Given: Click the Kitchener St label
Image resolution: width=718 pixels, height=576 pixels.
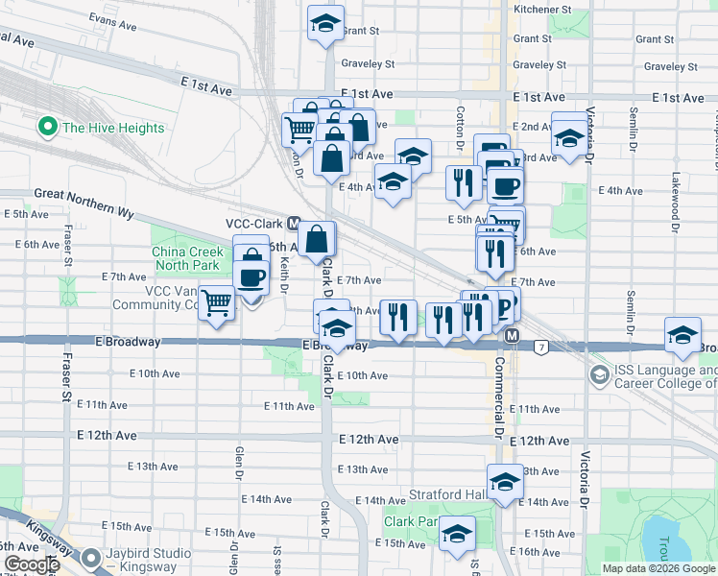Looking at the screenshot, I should coord(542,9).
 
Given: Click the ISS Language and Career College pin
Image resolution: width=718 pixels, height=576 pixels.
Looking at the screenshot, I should coord(600,373).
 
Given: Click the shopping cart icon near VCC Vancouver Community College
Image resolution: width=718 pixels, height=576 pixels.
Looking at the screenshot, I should coord(218,303).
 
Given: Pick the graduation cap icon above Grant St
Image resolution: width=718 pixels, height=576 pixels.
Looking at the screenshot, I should coord(325,23).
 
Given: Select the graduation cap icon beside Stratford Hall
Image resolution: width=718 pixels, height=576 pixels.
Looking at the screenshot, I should coord(504,482).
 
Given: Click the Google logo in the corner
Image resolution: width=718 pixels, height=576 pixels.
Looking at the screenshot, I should coord(31,564).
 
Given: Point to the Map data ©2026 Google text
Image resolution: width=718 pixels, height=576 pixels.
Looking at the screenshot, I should coord(658,568).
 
